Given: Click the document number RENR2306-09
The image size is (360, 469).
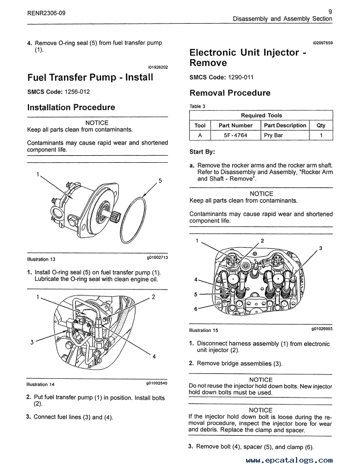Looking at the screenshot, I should pyautogui.click(x=46, y=12).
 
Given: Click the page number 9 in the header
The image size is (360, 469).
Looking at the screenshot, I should pyautogui.click(x=329, y=10).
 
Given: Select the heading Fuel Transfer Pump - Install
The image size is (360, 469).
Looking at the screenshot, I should pyautogui.click(x=90, y=77).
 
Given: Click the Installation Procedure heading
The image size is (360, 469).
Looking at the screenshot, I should pyautogui.click(x=71, y=107).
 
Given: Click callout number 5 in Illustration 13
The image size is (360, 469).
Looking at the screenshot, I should pyautogui.click(x=160, y=181).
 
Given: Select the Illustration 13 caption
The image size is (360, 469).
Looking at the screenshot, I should pyautogui.click(x=41, y=259).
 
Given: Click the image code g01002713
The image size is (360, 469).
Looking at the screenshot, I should pyautogui.click(x=157, y=258).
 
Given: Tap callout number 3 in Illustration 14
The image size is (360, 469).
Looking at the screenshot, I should pyautogui.click(x=32, y=342).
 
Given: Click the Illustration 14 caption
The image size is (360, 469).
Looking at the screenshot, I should pyautogui.click(x=41, y=385).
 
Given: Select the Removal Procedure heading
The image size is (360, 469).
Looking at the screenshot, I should pyautogui.click(x=230, y=93).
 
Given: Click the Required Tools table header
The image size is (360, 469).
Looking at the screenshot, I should pyautogui.click(x=261, y=116).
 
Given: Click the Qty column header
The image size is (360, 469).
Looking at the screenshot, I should pyautogui.click(x=321, y=126).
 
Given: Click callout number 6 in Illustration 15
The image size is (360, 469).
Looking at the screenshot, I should pyautogui.click(x=196, y=308).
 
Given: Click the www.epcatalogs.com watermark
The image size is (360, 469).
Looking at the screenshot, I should pyautogui.click(x=289, y=460).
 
